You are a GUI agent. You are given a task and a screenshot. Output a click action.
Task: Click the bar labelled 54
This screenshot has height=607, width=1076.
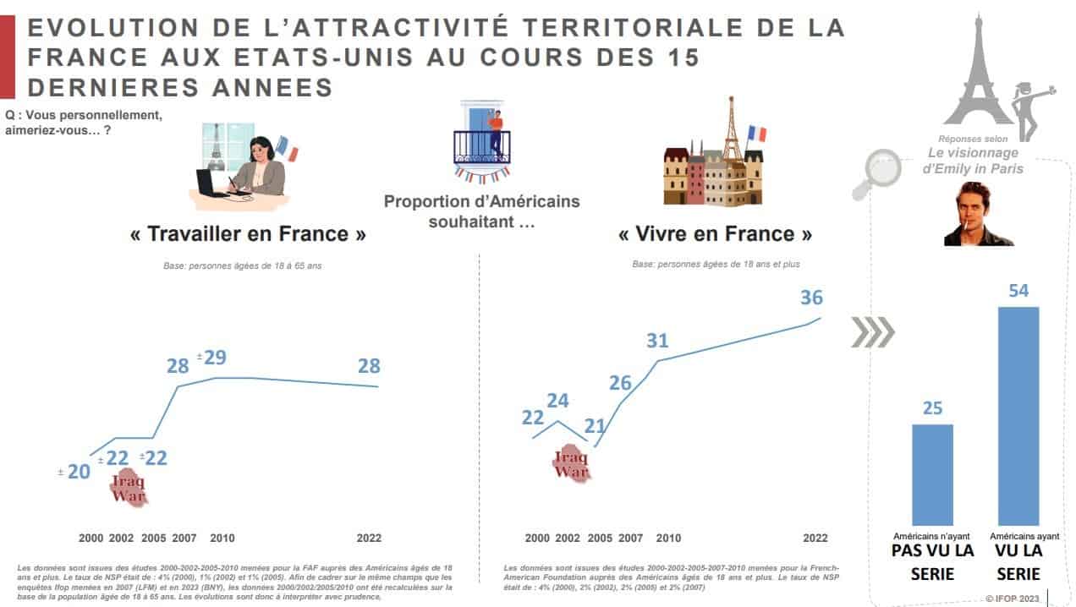pyautogui.click(x=1018, y=416)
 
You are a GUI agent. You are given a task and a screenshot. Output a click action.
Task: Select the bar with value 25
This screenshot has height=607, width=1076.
pyautogui.click(x=932, y=474)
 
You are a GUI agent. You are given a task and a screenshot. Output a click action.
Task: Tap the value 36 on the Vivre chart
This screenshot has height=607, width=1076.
pyautogui.click(x=810, y=298)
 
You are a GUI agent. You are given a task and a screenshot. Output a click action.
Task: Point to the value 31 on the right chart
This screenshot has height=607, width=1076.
pyautogui.click(x=657, y=341)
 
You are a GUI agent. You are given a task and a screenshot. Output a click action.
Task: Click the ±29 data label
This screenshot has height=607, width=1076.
pyautogui.click(x=212, y=357)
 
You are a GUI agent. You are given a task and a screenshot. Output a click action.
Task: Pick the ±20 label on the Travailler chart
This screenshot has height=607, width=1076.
pyautogui.click(x=74, y=472)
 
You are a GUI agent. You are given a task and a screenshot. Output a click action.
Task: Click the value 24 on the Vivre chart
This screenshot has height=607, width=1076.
pyautogui.click(x=557, y=401)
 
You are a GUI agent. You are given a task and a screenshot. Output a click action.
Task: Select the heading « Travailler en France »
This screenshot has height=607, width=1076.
pyautogui.click(x=248, y=234)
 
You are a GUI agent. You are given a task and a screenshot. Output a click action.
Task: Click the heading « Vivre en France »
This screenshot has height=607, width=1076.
pyautogui.click(x=715, y=234)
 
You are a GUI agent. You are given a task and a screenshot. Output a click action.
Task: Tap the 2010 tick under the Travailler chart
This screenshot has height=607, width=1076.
pyautogui.click(x=222, y=538)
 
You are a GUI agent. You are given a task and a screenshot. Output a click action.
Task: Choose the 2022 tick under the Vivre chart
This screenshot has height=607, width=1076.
pyautogui.click(x=815, y=538)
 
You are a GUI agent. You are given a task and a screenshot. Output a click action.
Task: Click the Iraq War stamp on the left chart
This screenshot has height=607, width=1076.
pyautogui.click(x=129, y=489)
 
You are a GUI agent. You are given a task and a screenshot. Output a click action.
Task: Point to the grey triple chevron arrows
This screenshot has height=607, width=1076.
pyautogui.click(x=871, y=332)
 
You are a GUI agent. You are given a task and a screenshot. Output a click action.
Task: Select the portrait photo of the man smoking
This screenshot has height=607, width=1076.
pyautogui.click(x=978, y=215)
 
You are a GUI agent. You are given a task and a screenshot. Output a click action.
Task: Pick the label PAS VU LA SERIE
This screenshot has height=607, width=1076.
pyautogui.click(x=932, y=561)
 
